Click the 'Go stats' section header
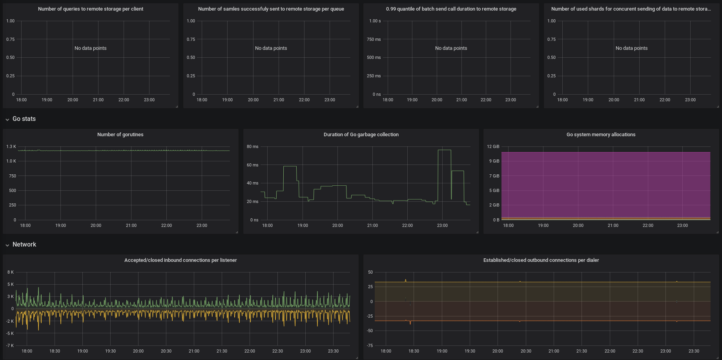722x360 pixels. pyautogui.click(x=24, y=119)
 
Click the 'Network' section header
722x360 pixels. pyautogui.click(x=24, y=245)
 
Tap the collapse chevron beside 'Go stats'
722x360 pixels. pyautogui.click(x=7, y=119)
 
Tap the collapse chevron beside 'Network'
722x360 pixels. pyautogui.click(x=7, y=245)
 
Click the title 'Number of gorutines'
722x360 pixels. pyautogui.click(x=120, y=135)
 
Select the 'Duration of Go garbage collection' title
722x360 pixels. pyautogui.click(x=361, y=135)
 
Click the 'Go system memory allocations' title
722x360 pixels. pyautogui.click(x=601, y=135)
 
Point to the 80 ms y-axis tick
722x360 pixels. pyautogui.click(x=252, y=147)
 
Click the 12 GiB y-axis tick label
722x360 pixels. pyautogui.click(x=493, y=147)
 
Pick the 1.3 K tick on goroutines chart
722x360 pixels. pyautogui.click(x=11, y=147)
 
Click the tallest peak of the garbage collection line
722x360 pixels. pyautogui.click(x=444, y=150)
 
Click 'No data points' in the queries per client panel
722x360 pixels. pyautogui.click(x=90, y=48)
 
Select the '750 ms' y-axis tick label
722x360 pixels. pyautogui.click(x=374, y=39)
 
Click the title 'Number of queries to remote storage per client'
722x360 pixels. pyautogui.click(x=90, y=9)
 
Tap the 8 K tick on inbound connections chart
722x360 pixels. pyautogui.click(x=11, y=272)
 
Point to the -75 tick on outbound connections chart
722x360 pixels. pyautogui.click(x=370, y=346)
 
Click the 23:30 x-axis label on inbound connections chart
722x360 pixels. pyautogui.click(x=333, y=351)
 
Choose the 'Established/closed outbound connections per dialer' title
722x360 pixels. pyautogui.click(x=541, y=260)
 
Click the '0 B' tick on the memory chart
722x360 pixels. pyautogui.click(x=496, y=220)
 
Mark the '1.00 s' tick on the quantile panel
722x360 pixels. pyautogui.click(x=375, y=21)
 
